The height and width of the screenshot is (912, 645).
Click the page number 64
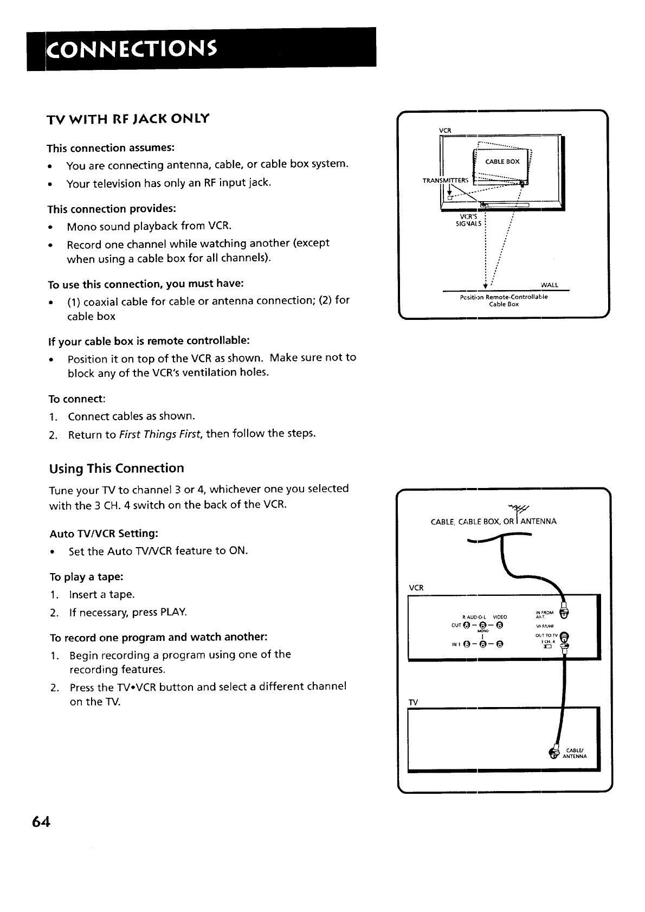(x=41, y=822)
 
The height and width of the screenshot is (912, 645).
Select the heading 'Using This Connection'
(x=117, y=468)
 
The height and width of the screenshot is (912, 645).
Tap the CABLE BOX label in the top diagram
(x=502, y=162)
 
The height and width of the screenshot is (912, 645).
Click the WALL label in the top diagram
(x=550, y=285)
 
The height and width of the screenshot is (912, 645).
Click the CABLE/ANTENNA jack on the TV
(x=553, y=752)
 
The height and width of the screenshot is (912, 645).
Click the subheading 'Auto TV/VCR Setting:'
(x=104, y=534)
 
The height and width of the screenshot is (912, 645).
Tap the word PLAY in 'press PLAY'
(x=173, y=612)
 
